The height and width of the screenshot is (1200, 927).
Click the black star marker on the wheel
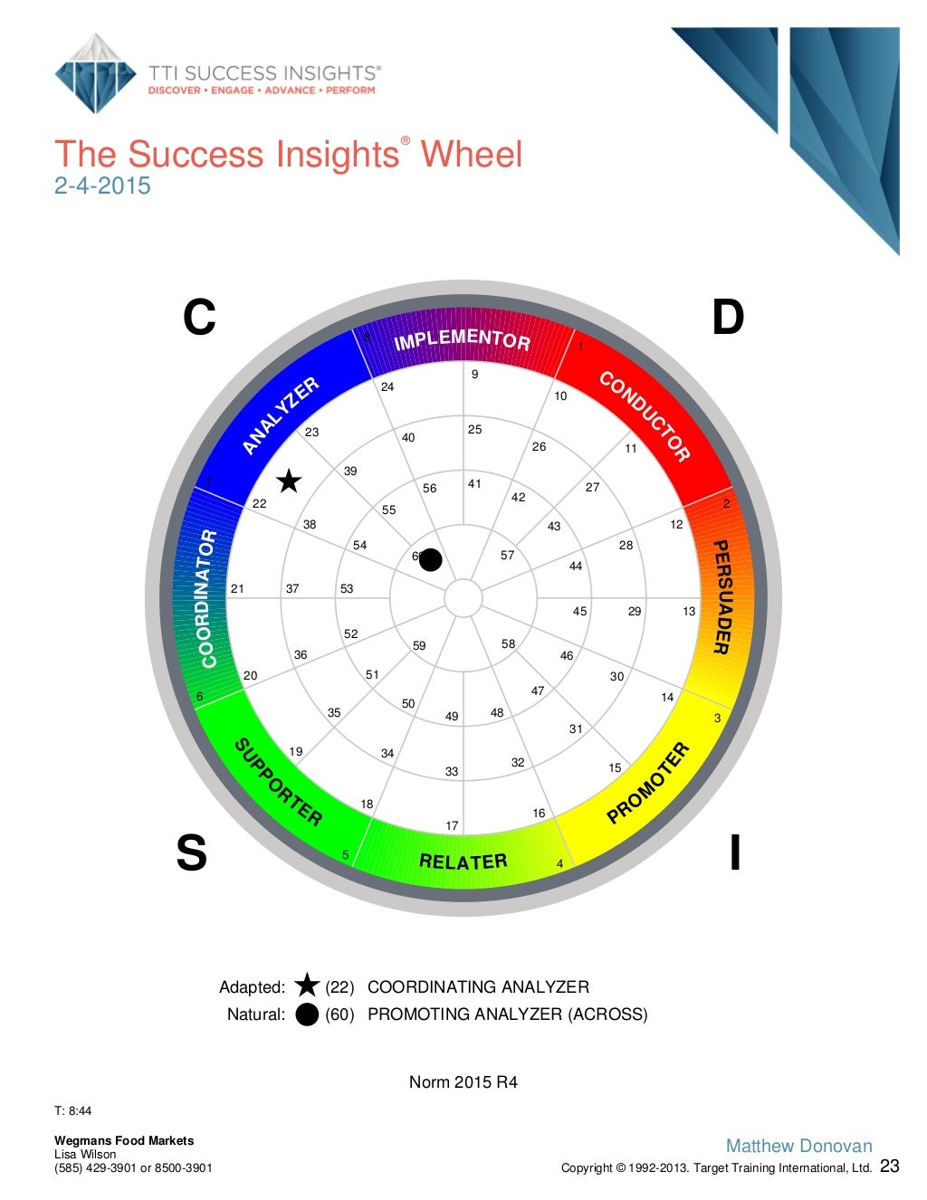coord(289,481)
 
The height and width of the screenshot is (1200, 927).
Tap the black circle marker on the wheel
coord(431,560)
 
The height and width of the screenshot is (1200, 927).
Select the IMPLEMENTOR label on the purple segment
coord(462,339)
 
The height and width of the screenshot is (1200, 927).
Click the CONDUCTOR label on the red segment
coord(645,416)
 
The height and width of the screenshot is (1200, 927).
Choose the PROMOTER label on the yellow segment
coord(648,783)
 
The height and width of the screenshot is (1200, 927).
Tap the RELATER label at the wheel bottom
coord(463,862)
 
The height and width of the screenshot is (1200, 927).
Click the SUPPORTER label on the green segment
coord(278,783)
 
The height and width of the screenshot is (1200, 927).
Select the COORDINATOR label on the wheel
coord(208,598)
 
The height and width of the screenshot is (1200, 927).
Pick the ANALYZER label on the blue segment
coord(281,415)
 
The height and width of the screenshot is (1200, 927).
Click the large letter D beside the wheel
coord(728,318)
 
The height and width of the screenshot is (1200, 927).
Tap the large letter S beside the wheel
coord(191,852)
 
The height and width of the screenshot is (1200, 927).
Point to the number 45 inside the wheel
coord(579,611)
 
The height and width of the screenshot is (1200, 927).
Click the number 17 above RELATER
coord(452,825)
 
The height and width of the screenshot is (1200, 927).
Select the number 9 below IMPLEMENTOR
coord(474,374)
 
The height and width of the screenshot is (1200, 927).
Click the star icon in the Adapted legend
coord(307,986)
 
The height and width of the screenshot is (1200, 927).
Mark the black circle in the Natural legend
coord(307,1014)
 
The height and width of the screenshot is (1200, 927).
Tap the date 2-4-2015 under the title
coord(102,186)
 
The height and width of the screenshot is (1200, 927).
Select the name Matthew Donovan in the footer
coord(798,1146)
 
